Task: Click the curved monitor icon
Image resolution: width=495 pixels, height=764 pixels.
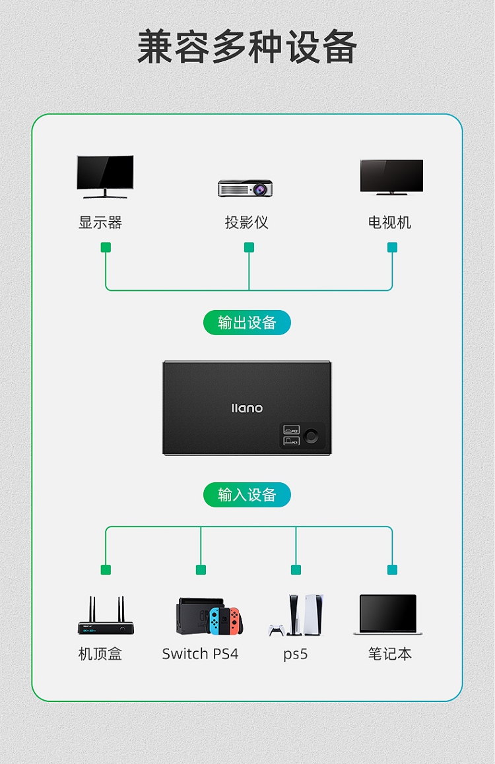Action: (105, 176)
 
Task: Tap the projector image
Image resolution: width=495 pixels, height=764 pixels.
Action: (245, 188)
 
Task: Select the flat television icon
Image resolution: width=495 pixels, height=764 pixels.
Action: (392, 177)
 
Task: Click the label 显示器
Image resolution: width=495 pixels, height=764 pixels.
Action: (100, 223)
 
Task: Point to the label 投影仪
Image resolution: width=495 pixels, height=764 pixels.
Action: (247, 223)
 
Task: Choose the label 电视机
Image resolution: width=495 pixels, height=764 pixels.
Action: (390, 223)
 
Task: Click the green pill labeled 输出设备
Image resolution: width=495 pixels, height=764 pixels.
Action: (247, 323)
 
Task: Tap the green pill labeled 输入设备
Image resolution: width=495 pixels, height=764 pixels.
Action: (247, 495)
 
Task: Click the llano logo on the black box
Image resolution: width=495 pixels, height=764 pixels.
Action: (247, 408)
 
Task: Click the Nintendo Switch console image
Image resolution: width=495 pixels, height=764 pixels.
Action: (209, 616)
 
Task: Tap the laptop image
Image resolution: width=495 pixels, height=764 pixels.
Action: (388, 614)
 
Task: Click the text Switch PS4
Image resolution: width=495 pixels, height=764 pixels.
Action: (200, 654)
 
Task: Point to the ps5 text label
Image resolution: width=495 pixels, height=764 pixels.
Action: (296, 654)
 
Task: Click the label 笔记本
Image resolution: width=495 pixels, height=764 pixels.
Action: (390, 654)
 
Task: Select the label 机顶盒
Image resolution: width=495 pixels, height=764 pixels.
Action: (100, 654)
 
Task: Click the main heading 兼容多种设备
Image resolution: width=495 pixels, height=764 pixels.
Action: (247, 47)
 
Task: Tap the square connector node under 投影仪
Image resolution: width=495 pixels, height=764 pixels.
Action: (249, 247)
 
